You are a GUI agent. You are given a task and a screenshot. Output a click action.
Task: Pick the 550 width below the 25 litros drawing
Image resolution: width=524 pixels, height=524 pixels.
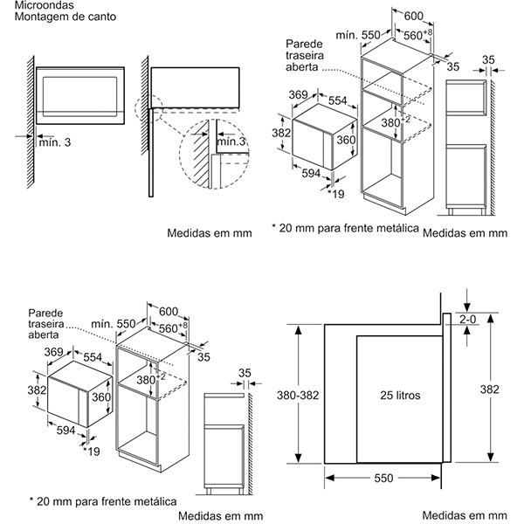(x=384, y=479)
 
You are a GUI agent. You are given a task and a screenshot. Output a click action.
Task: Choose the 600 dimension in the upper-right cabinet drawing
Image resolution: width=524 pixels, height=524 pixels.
(x=413, y=17)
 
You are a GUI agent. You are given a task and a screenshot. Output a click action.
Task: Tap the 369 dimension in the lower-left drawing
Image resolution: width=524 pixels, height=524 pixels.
(x=55, y=351)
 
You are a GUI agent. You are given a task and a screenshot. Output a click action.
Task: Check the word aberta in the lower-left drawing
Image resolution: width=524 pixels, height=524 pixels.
(x=44, y=335)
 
